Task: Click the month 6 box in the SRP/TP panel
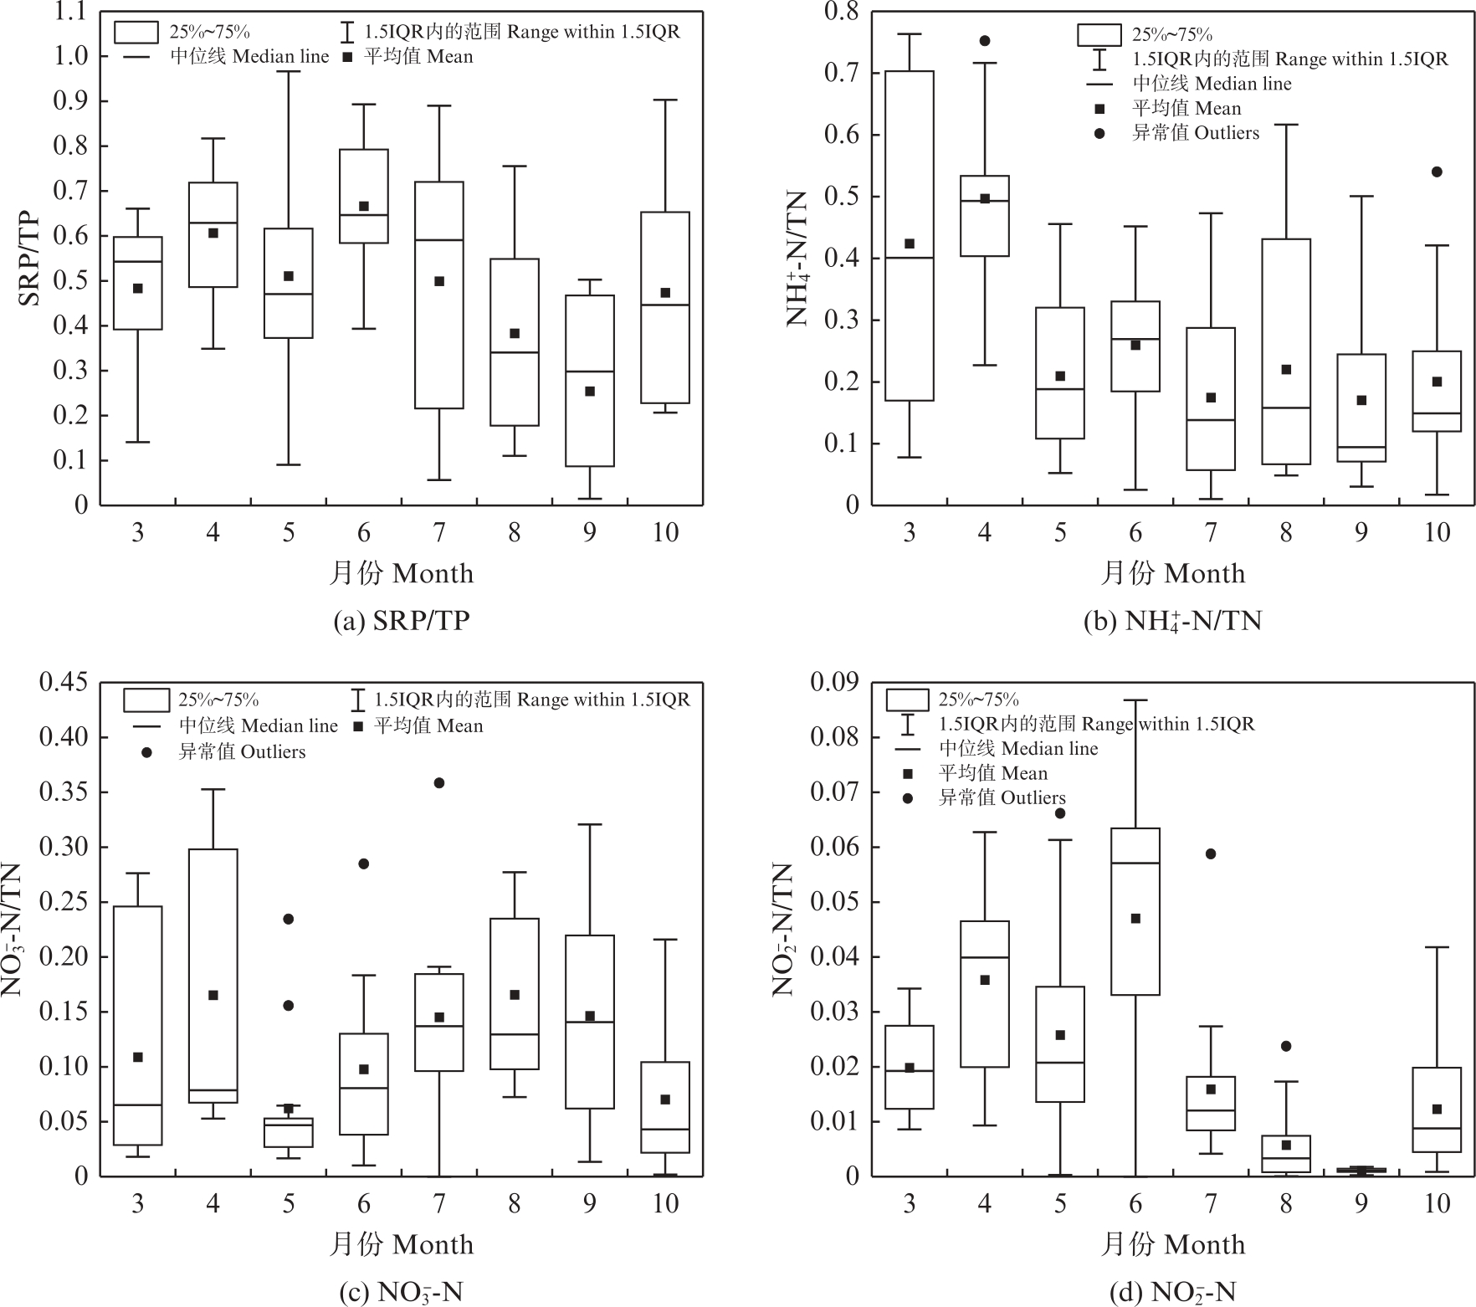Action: tap(363, 196)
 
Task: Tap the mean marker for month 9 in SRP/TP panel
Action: tap(589, 391)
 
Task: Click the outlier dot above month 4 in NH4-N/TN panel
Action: tap(985, 41)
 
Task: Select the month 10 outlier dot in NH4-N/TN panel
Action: tap(1437, 172)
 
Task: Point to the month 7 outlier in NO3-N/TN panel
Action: tap(438, 783)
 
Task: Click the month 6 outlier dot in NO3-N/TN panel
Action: tap(363, 864)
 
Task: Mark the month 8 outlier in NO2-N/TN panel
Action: tap(1286, 1046)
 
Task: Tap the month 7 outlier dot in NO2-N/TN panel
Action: tap(1211, 853)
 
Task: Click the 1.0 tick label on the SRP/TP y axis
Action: tap(71, 56)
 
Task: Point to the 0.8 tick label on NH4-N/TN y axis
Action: tap(842, 12)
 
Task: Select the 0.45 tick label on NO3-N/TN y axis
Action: tap(64, 683)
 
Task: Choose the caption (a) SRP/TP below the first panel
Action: tap(402, 621)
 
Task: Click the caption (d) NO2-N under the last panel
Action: tap(1172, 1292)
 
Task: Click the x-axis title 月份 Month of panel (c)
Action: tap(402, 1244)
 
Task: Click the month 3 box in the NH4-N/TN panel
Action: tap(910, 235)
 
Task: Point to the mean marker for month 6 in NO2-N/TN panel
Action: tap(1135, 918)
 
